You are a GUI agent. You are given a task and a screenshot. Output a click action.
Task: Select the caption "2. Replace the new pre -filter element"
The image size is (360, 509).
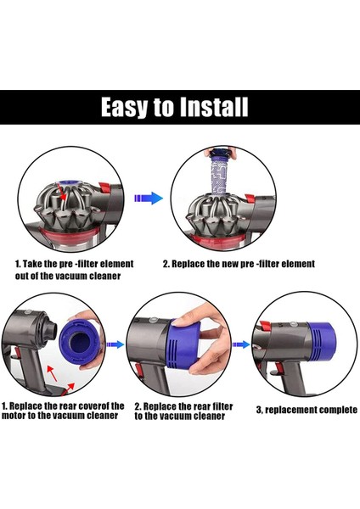coord(239,264)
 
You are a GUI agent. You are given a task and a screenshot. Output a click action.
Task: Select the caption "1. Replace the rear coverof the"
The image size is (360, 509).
coord(63,406)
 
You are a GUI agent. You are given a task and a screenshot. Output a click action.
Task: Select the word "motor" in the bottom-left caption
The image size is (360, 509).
coord(18,417)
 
